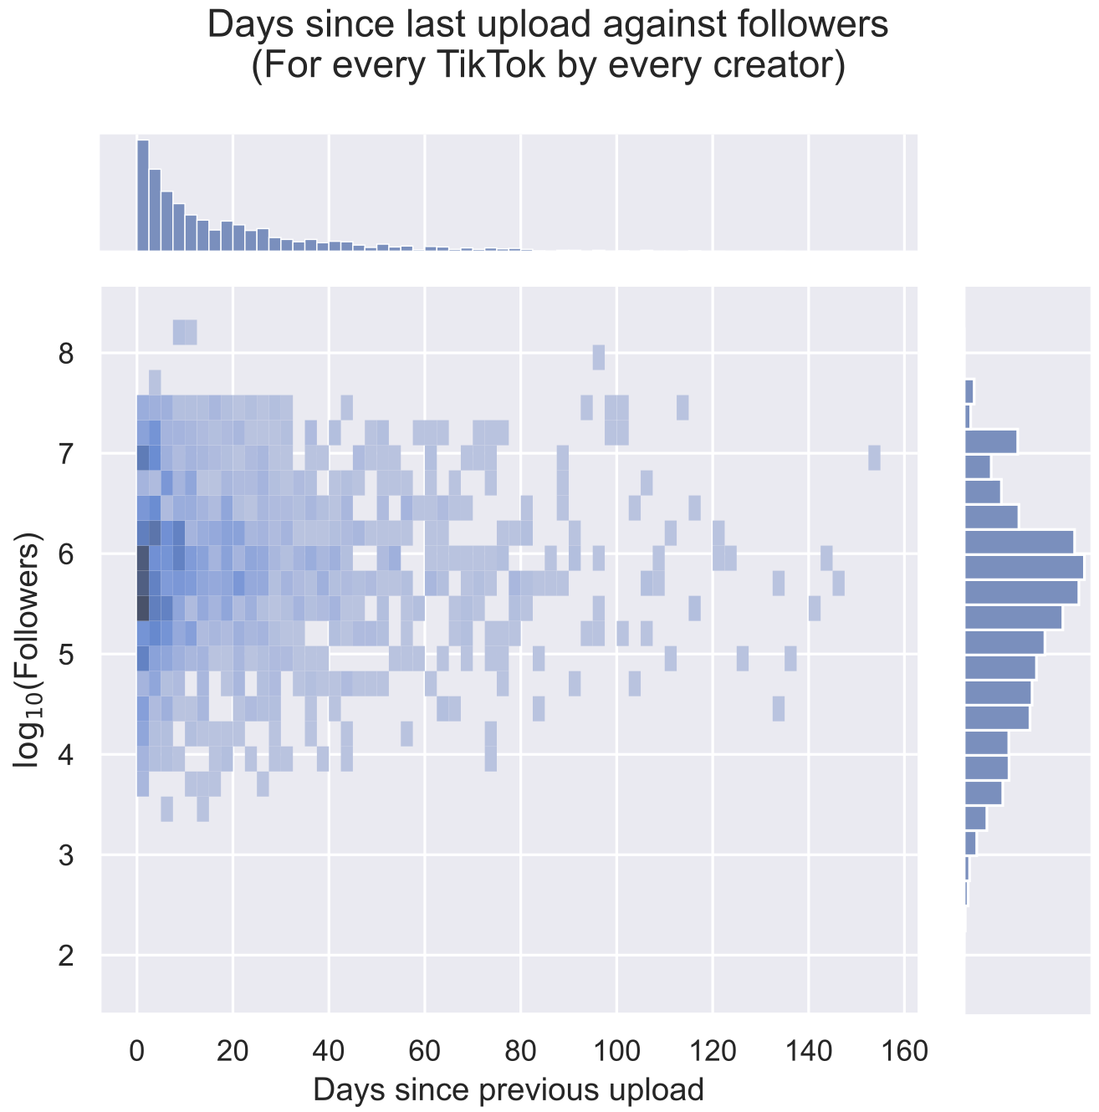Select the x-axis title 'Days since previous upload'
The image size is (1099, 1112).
(x=508, y=1090)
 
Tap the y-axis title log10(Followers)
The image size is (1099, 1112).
(x=29, y=650)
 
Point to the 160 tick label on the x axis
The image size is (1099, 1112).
(x=904, y=1051)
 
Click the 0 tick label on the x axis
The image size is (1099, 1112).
(x=137, y=1051)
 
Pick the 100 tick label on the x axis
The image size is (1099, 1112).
(x=616, y=1051)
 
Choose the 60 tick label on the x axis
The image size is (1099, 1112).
(x=425, y=1051)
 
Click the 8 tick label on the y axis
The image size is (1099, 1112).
(x=67, y=355)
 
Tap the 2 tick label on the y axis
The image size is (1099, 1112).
(x=67, y=955)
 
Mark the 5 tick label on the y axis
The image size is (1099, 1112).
(x=67, y=655)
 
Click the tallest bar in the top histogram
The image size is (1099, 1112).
(x=143, y=196)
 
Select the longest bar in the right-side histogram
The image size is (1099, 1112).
(x=1024, y=567)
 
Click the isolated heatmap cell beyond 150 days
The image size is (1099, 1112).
(x=875, y=458)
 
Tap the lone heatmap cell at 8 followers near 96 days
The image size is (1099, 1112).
(x=598, y=357)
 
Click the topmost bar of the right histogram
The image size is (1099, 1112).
(x=969, y=391)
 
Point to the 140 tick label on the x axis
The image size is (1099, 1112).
(x=808, y=1051)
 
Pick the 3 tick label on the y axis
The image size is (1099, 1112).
(x=67, y=855)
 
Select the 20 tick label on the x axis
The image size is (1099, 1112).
(x=233, y=1051)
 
